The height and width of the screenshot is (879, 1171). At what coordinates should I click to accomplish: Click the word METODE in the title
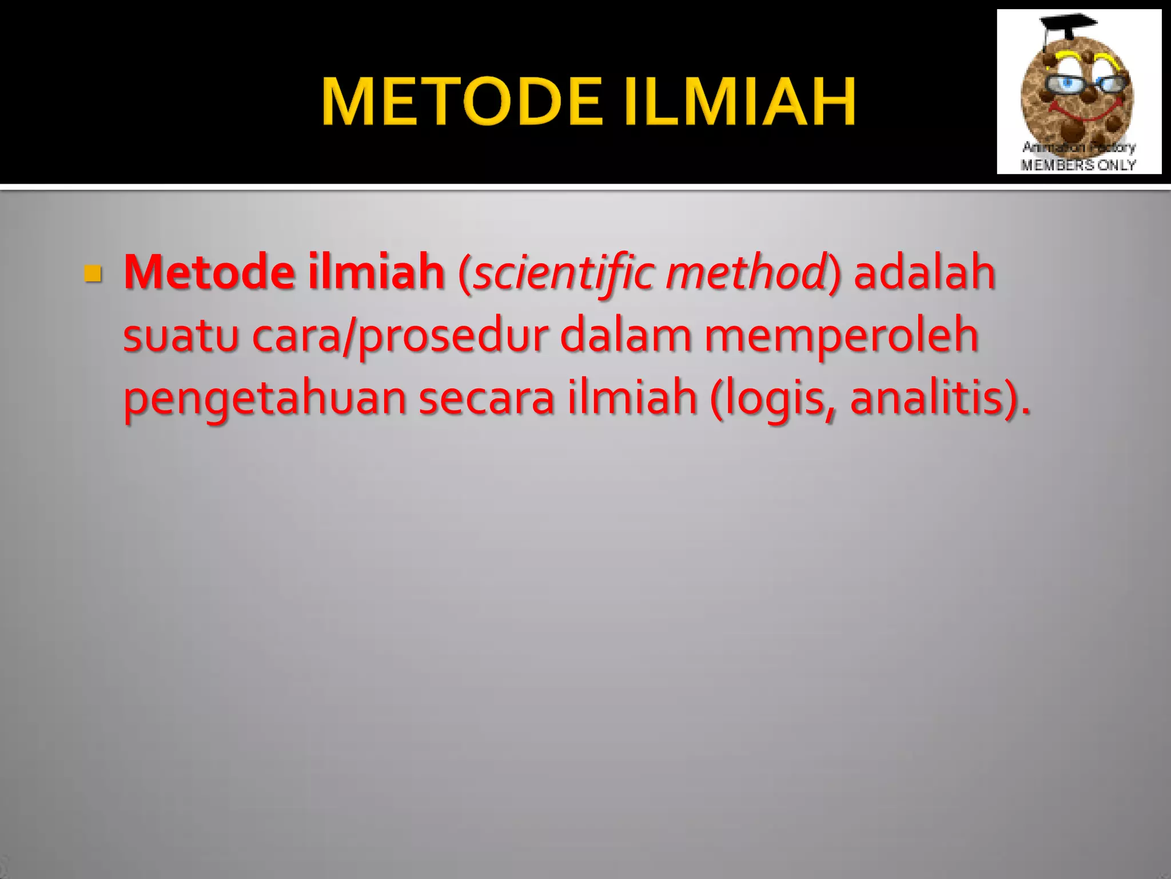[x=462, y=101]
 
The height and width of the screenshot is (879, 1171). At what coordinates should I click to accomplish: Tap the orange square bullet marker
[x=93, y=274]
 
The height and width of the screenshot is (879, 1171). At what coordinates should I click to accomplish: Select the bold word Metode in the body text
[x=209, y=272]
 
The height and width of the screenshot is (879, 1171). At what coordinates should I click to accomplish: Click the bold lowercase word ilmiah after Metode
[x=376, y=272]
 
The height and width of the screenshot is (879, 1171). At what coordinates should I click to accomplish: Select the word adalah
[x=924, y=272]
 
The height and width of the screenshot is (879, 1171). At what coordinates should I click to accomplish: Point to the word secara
[x=486, y=399]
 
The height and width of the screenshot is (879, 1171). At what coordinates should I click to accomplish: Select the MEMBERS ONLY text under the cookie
[x=1078, y=165]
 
